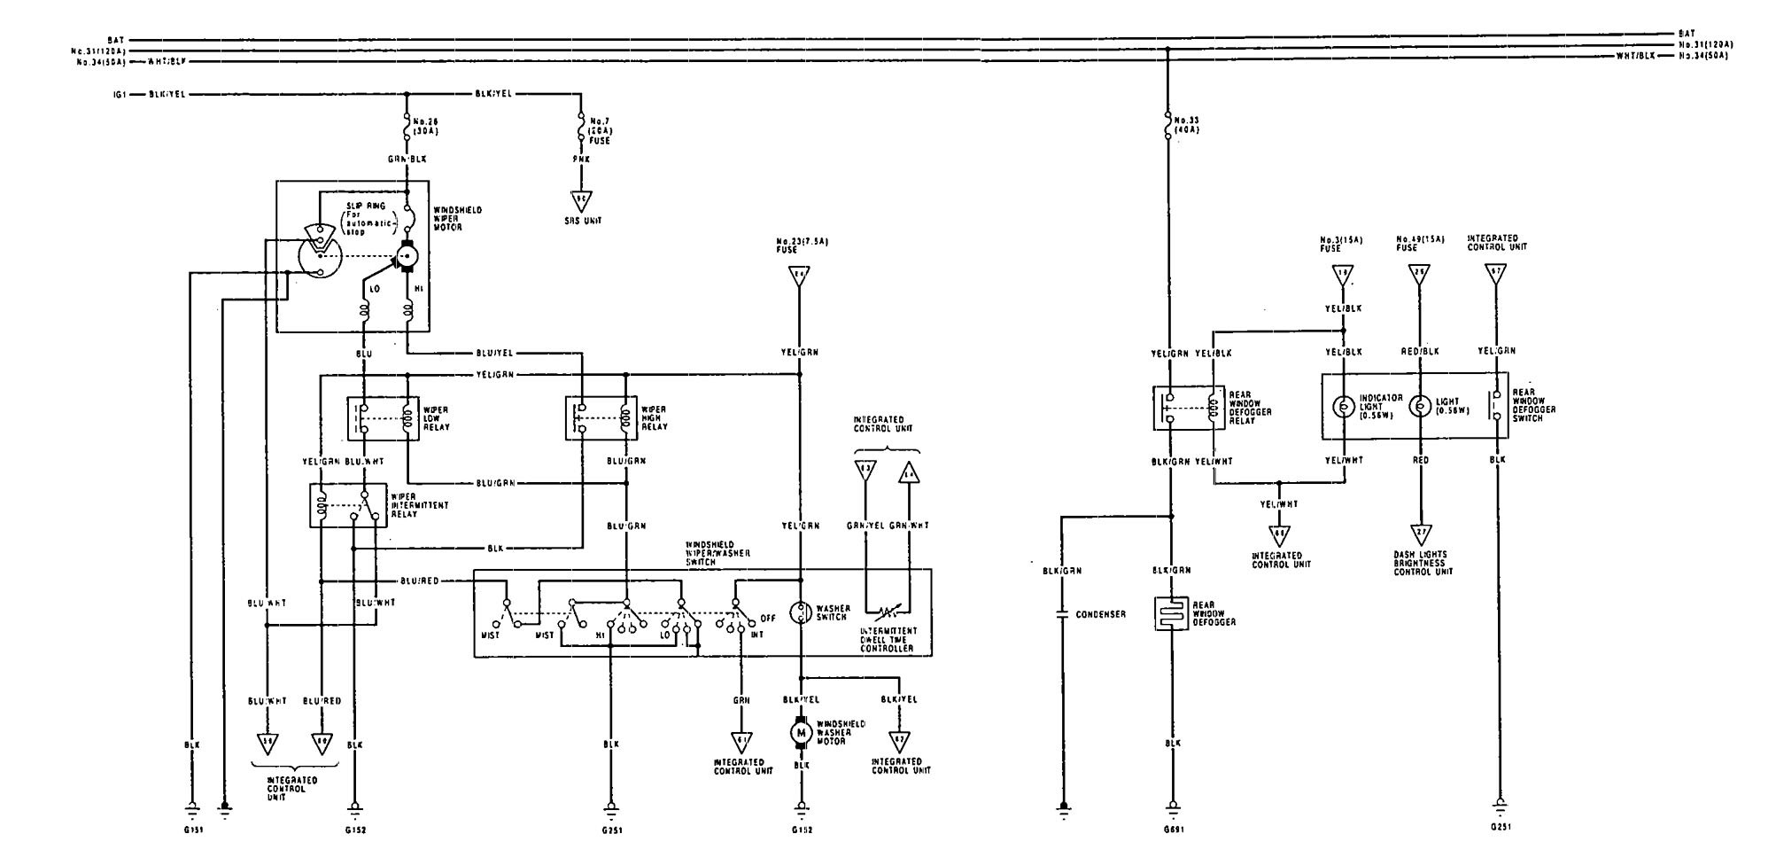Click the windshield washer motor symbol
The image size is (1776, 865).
[801, 732]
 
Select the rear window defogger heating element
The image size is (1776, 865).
[1170, 613]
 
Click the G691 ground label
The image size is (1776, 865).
[1174, 830]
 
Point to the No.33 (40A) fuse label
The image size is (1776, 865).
[1188, 123]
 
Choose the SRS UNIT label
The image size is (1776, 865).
[583, 220]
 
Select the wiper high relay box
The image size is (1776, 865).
[601, 417]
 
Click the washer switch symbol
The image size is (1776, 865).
[801, 611]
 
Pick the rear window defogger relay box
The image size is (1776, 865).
[1188, 408]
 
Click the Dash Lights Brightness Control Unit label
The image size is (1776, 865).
[1422, 564]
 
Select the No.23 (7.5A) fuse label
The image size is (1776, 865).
[800, 245]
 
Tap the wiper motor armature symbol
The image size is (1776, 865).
[407, 255]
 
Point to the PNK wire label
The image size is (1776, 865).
[582, 160]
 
